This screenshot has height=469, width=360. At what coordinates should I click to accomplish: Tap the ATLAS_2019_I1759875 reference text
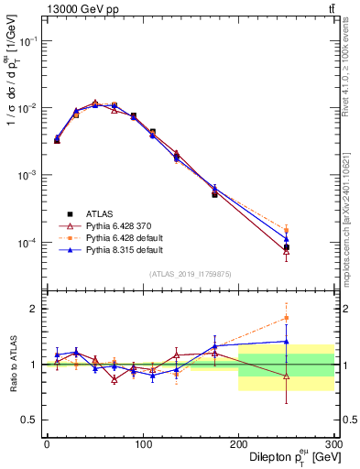tap(190, 272)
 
